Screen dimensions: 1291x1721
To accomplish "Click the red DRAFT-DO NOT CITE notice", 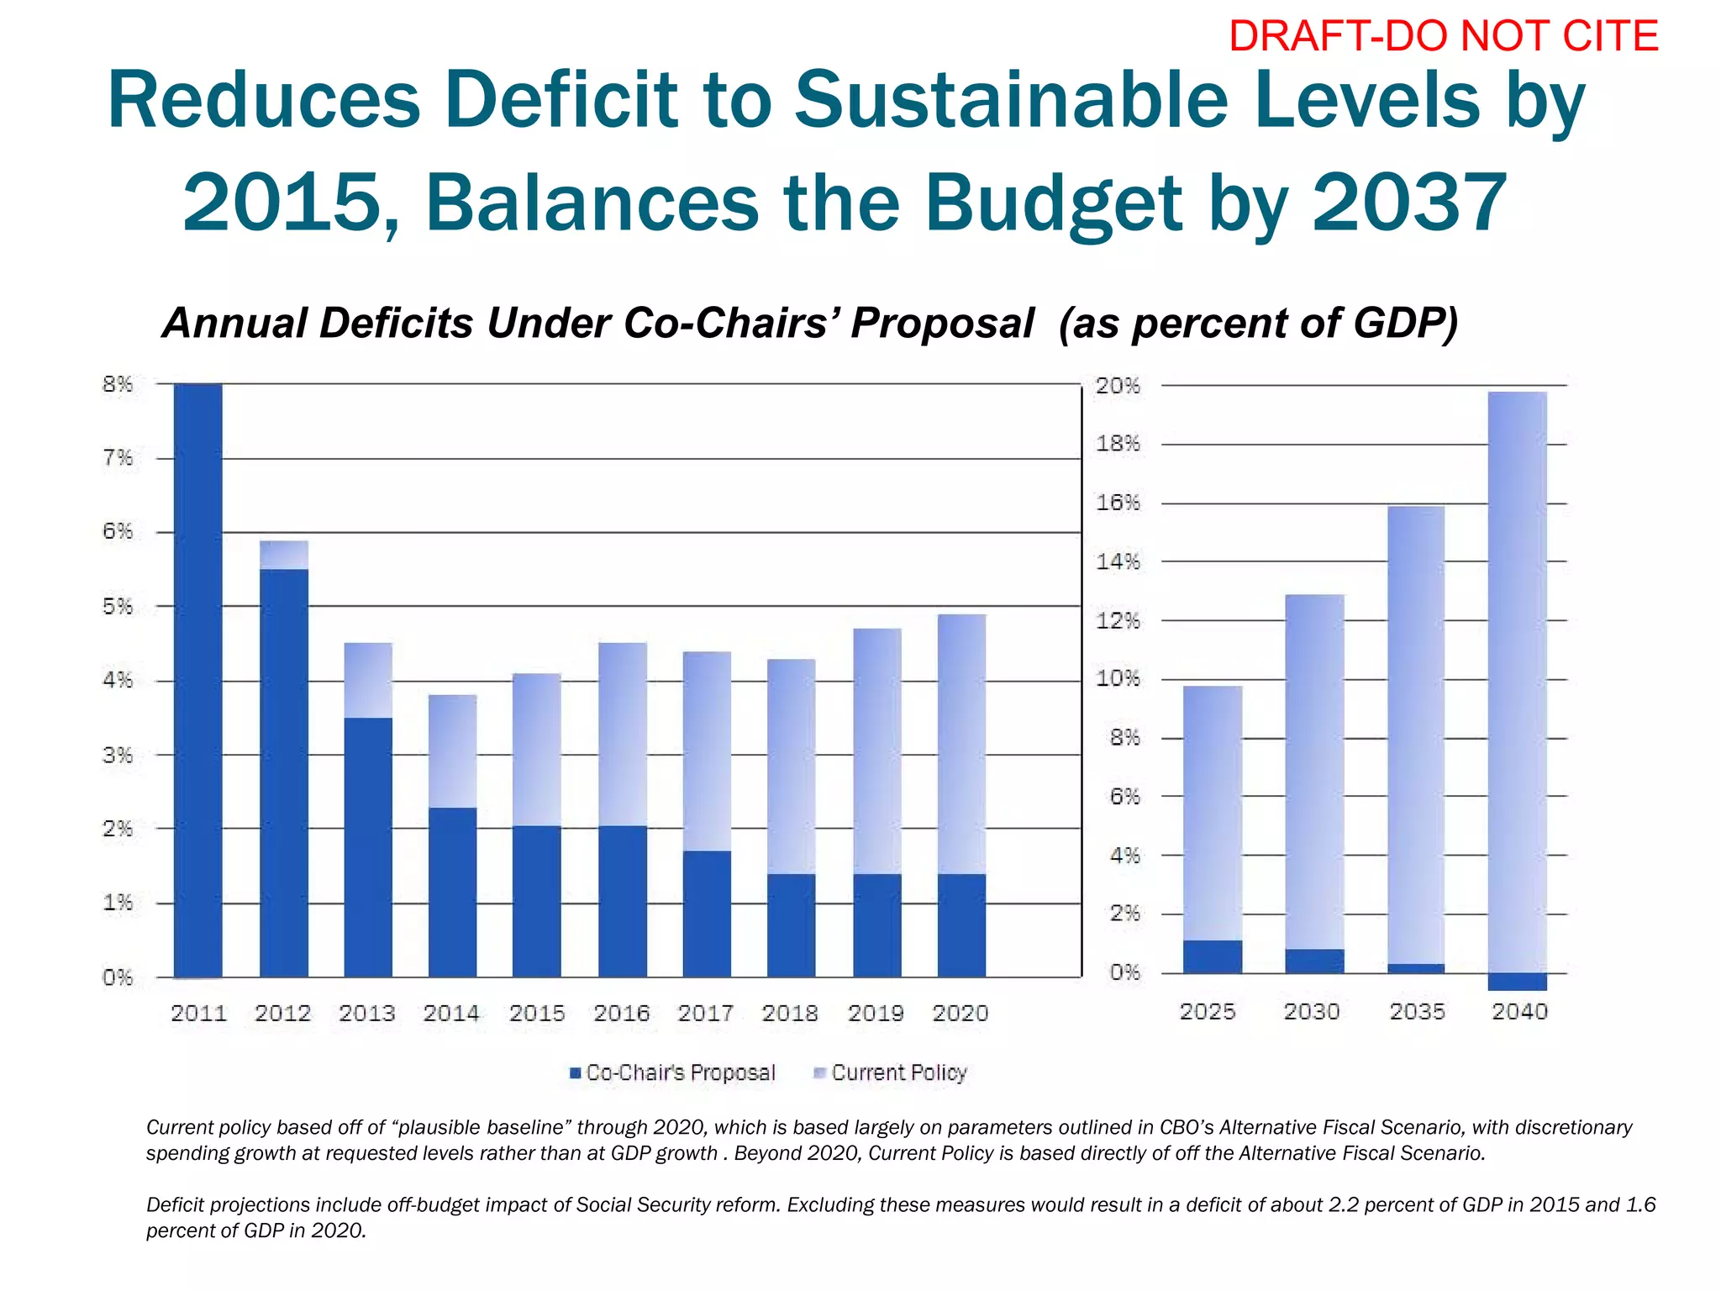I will click(x=1443, y=37).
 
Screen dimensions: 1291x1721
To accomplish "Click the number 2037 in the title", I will click(x=1409, y=203).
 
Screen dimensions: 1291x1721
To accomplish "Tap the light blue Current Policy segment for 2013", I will click(x=368, y=680).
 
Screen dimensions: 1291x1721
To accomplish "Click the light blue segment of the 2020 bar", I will click(x=961, y=744).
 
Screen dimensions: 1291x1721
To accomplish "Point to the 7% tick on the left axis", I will click(x=118, y=458).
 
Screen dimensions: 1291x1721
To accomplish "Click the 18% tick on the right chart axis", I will click(x=1118, y=444).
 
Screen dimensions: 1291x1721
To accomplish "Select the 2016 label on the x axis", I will click(x=622, y=1014).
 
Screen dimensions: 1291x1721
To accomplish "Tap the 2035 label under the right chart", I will click(x=1417, y=1011).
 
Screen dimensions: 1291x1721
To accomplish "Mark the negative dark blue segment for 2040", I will click(x=1517, y=982).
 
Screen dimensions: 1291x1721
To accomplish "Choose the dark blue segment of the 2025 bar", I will click(x=1212, y=956).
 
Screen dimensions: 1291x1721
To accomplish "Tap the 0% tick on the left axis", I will click(x=118, y=977).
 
